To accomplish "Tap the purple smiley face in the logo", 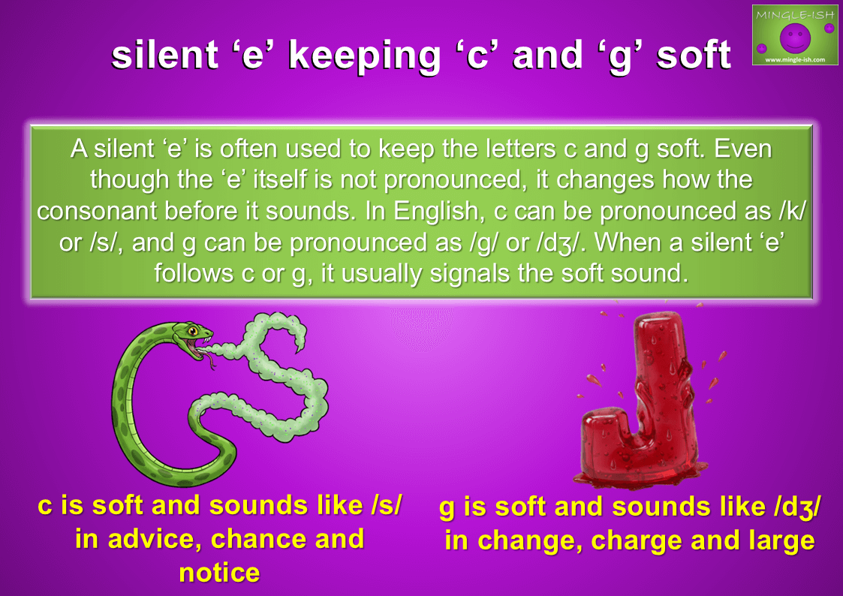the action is (x=795, y=37).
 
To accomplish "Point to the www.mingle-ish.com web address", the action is (x=795, y=59).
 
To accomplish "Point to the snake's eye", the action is (x=192, y=330).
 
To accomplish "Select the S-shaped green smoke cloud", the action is (x=259, y=376).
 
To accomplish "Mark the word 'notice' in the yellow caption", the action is (x=219, y=573).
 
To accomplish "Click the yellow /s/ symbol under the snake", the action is (x=386, y=506).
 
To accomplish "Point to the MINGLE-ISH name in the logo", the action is (x=795, y=15).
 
